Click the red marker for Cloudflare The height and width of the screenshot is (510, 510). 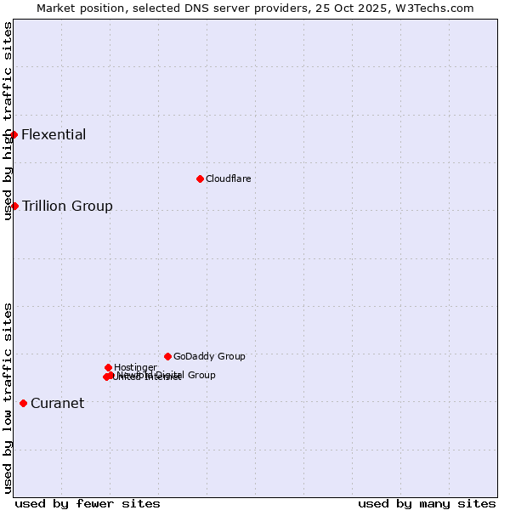coord(200,178)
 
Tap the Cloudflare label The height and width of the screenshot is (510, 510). coord(228,178)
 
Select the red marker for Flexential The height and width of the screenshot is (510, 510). coord(14,134)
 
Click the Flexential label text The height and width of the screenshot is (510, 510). coord(54,134)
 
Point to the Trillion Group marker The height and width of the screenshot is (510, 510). coord(14,206)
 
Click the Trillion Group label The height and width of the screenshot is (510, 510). coord(67,206)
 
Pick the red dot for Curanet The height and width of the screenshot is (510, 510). coord(23,403)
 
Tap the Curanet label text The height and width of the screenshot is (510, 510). coord(57,403)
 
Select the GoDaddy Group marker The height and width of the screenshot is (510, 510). coord(167,356)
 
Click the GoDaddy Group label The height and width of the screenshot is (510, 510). coord(209,356)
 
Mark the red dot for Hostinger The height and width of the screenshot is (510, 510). coord(108,367)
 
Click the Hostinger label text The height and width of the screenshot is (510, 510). coord(135,367)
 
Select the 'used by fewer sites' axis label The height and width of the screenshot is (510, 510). coord(88,503)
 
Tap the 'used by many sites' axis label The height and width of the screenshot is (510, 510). coord(427,503)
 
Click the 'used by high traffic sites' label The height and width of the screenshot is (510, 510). coord(8,121)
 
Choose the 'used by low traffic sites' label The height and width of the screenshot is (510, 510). coord(8,397)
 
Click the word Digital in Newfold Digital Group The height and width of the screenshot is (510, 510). coord(167,375)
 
